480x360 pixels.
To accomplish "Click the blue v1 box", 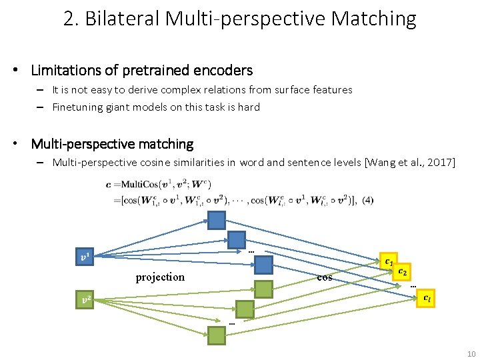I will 84,257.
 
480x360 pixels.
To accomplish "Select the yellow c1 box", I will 388,261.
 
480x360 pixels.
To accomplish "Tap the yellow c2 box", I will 403,271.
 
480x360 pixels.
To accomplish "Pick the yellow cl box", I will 427,298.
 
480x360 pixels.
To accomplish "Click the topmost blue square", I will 216,221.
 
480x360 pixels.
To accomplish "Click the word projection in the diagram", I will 160,277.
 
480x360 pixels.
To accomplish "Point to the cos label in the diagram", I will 325,277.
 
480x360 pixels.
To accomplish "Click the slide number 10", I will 471,353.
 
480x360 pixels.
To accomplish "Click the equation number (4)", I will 369,199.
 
